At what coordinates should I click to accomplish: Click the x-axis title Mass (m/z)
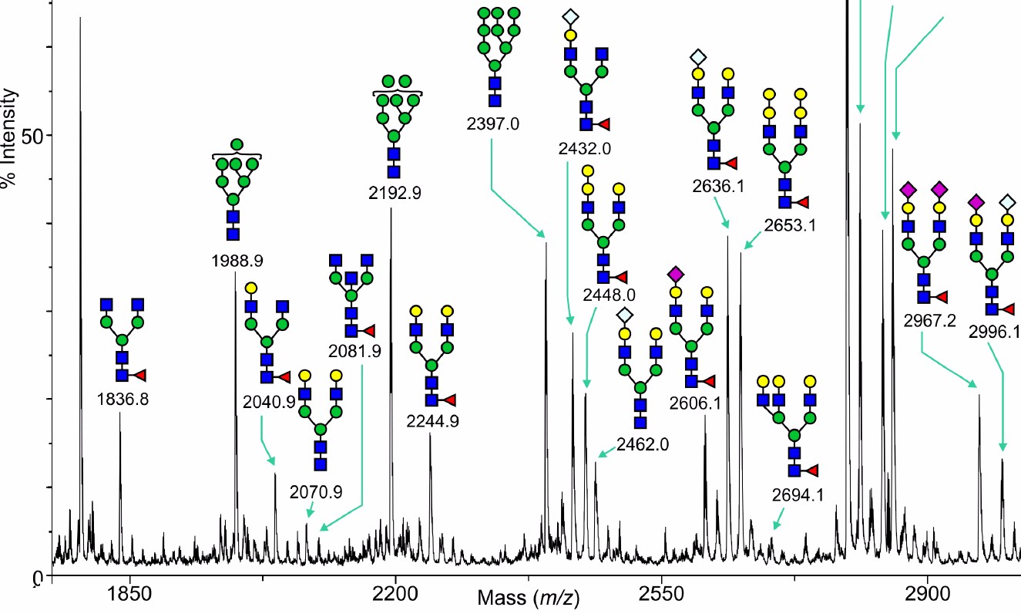(528, 597)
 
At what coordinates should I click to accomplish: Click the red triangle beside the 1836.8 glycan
(140, 375)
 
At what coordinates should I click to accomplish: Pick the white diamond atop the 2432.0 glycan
(570, 16)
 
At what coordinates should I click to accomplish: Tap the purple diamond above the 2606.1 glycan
(676, 274)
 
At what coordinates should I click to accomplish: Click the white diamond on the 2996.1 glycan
(1007, 202)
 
